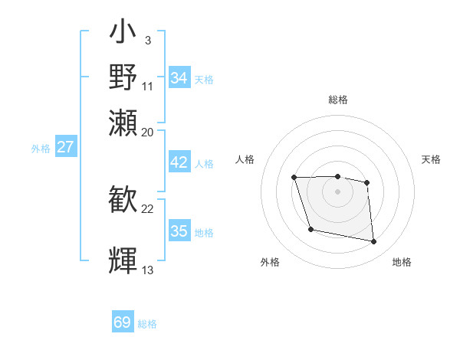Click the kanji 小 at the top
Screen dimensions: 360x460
(x=123, y=33)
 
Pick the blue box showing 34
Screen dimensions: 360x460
(x=179, y=78)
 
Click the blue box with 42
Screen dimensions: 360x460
(x=179, y=163)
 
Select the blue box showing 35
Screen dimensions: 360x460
(x=179, y=231)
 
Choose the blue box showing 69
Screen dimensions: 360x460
(x=123, y=322)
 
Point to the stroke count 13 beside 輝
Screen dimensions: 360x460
(x=148, y=270)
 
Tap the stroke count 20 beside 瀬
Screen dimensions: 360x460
(x=148, y=132)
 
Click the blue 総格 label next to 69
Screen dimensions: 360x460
(x=147, y=324)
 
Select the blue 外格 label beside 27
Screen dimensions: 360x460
(x=40, y=149)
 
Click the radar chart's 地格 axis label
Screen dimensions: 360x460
(x=402, y=263)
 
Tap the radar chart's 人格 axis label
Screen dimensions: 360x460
(x=245, y=159)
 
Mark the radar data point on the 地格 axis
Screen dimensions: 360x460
(x=374, y=242)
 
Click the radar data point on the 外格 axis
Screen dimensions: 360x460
(x=310, y=229)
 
